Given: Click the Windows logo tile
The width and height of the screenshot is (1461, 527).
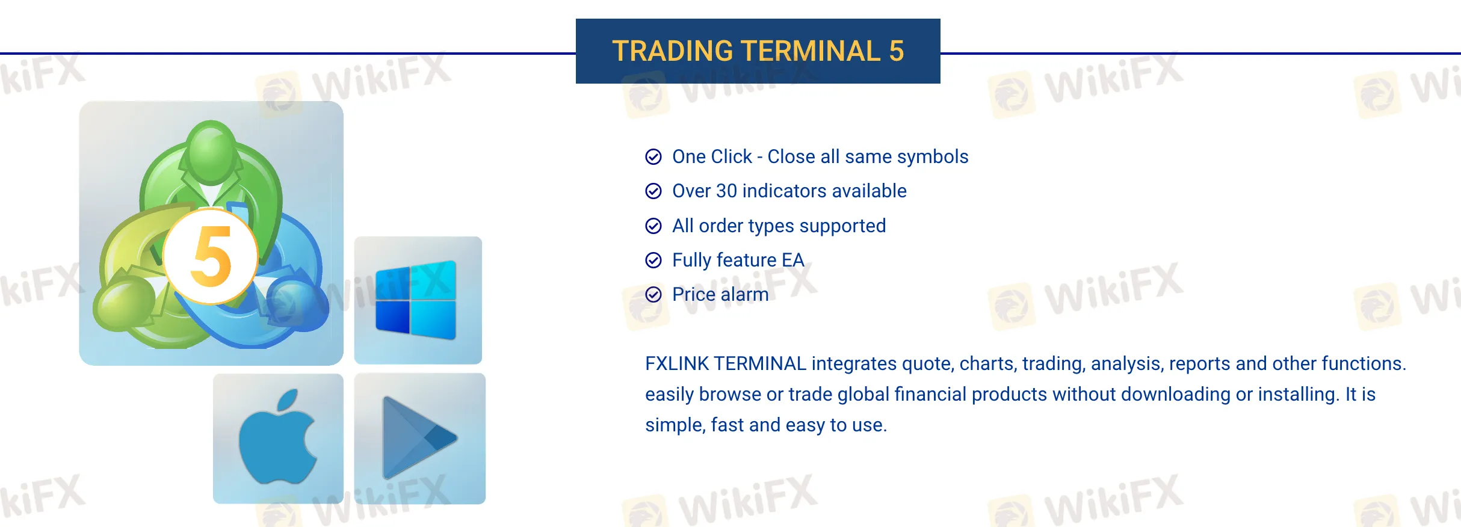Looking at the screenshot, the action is click(x=418, y=300).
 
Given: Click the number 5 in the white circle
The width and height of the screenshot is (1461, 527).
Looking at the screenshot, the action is click(x=211, y=256).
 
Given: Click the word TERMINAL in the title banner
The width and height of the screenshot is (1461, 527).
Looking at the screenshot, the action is click(x=811, y=51).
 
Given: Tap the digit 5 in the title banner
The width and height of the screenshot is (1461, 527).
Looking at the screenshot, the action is click(x=897, y=51).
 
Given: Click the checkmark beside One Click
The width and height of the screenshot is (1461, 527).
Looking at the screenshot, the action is click(x=653, y=157).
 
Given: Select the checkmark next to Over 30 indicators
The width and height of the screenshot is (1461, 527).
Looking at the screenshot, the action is click(x=653, y=191).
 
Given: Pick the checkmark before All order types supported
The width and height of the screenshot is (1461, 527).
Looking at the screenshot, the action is click(x=653, y=226).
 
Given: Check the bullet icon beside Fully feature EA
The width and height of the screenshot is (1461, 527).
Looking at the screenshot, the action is click(x=653, y=260).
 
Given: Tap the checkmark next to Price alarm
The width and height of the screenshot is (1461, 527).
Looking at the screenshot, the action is click(x=653, y=294).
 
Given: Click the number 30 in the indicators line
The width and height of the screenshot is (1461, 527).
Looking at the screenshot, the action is click(x=726, y=191).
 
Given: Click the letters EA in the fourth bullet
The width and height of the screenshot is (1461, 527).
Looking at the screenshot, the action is click(x=793, y=260).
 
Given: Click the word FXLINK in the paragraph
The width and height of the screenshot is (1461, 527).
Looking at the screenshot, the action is click(x=677, y=363).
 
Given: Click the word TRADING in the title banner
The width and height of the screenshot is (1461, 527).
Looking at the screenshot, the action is click(x=672, y=51).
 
